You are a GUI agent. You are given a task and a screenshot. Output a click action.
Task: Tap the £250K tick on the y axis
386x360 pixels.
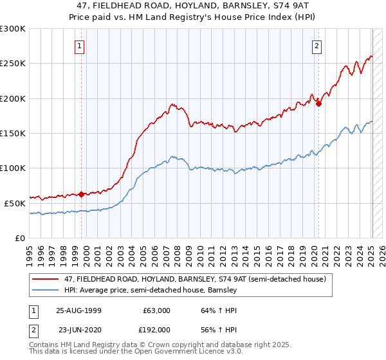(13, 64)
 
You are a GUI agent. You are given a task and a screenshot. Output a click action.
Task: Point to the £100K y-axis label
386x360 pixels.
(13, 168)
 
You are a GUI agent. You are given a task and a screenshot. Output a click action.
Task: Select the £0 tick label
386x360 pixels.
(19, 238)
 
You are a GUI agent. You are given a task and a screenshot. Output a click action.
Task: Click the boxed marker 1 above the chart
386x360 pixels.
(79, 45)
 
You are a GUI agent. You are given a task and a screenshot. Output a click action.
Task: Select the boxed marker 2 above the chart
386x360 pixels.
(317, 45)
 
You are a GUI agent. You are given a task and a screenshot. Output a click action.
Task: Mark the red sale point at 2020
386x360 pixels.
(319, 104)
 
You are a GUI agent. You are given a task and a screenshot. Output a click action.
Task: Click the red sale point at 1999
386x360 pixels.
(82, 194)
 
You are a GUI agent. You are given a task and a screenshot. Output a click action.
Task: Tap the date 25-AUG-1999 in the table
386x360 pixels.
(78, 310)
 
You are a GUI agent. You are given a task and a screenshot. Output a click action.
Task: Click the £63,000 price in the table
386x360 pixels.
(156, 310)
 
